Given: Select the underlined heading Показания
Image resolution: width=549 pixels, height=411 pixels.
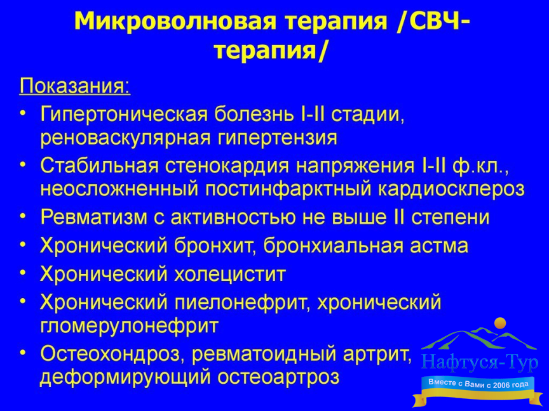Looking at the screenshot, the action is coord(74,86).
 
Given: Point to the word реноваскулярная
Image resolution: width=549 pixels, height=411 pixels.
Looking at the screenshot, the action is coord(126,138).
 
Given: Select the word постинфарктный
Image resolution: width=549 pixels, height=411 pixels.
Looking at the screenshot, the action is coord(288,189).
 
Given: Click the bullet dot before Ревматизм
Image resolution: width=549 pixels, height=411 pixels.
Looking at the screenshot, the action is coord(23,217).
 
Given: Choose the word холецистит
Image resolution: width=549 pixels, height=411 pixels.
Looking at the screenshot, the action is coord(230,274).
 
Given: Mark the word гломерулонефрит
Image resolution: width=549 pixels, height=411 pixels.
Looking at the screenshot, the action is coord(130,326).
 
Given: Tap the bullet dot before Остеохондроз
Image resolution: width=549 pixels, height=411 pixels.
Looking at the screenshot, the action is coord(23,353).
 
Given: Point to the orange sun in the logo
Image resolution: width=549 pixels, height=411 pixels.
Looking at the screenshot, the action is coord(500,323).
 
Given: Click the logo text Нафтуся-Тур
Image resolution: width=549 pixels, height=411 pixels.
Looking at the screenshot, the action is coord(480,362).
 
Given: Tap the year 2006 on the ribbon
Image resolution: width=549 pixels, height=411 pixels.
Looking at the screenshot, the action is coord(501,386).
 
